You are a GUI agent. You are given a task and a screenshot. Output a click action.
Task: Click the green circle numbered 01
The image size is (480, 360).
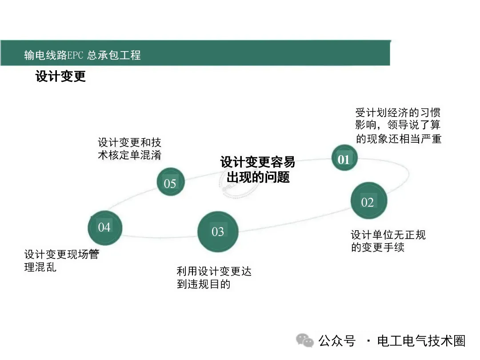click(344, 159)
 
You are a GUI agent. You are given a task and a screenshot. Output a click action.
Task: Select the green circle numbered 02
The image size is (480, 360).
click(368, 201)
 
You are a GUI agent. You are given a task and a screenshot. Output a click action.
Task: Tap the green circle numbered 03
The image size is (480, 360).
click(218, 232)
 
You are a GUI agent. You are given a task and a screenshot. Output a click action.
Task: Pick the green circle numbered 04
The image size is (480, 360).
click(104, 227)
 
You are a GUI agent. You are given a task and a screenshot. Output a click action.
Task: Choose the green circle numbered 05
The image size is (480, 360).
click(171, 183)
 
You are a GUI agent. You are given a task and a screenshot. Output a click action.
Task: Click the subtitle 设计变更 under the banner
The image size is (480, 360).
click(60, 76)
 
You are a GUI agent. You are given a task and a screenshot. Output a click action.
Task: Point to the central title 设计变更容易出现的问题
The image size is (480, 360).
click(258, 169)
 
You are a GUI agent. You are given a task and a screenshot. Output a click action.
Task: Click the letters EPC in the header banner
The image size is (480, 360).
click(74, 55)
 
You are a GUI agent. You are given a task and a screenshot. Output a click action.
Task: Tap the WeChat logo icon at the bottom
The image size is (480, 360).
click(305, 341)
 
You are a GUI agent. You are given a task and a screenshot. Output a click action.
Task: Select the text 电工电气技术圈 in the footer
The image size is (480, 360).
click(421, 341)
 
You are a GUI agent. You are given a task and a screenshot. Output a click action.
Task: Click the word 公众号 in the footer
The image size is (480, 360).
click(337, 341)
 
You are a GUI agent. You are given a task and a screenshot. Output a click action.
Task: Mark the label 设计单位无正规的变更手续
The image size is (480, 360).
click(388, 240)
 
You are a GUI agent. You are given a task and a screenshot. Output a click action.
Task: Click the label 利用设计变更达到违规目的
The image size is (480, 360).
click(214, 277)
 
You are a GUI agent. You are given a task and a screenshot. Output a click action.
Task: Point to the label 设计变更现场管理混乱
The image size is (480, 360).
click(61, 261)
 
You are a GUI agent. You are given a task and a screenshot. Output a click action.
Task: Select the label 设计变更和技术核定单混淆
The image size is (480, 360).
click(129, 148)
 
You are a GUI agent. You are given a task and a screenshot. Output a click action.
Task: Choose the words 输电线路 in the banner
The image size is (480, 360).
click(42, 55)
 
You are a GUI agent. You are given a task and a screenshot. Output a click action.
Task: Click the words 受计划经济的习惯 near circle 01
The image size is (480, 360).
click(397, 112)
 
